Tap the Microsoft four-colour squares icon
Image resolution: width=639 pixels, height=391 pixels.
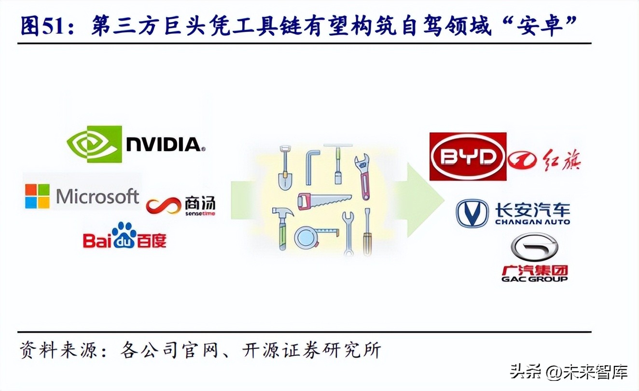pyautogui.click(x=38, y=196)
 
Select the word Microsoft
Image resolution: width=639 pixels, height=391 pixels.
pyautogui.click(x=97, y=196)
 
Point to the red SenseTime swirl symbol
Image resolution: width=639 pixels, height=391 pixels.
pyautogui.click(x=163, y=207)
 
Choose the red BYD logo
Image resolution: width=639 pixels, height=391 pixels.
pyautogui.click(x=468, y=156)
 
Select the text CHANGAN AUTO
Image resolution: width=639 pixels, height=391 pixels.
pyautogui.click(x=532, y=222)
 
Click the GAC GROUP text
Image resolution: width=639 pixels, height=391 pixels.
pyautogui.click(x=534, y=279)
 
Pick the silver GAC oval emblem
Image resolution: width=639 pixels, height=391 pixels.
pyautogui.click(x=534, y=249)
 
